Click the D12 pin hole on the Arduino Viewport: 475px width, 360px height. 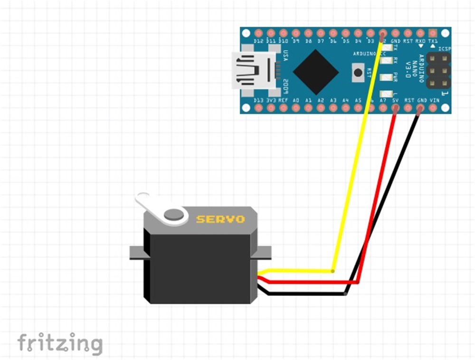(259, 33)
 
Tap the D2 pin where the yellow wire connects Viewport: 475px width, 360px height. (383, 34)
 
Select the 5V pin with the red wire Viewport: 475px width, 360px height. (395, 108)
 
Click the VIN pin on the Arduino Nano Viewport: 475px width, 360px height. (433, 108)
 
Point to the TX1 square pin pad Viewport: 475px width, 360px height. (432, 33)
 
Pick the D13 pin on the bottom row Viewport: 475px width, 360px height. (259, 108)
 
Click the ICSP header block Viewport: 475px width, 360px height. (438, 71)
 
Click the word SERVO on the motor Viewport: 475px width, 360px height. (221, 219)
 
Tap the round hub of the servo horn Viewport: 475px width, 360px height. (174, 214)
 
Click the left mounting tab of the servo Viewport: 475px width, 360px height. (137, 253)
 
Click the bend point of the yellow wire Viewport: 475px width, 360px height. (332, 271)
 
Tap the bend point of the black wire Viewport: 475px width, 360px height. (346, 294)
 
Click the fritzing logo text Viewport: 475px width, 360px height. (60, 343)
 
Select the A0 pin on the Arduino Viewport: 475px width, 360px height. (296, 108)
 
